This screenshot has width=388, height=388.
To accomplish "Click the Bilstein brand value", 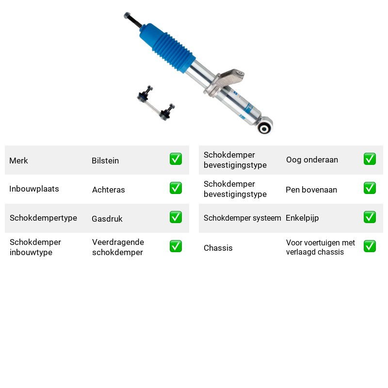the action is tap(105, 161).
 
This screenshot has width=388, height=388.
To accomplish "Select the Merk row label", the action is tap(18, 161).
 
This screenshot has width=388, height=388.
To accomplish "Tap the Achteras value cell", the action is tap(108, 190).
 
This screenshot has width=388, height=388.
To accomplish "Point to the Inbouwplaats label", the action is tap(34, 189).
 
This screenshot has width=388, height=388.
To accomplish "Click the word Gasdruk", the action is tap(107, 219).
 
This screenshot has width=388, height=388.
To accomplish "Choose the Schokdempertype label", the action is tap(43, 218).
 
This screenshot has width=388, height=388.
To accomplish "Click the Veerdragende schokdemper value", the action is tap(118, 247).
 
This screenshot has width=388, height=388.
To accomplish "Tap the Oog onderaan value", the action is tap(312, 160).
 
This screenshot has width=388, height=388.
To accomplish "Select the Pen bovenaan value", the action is tap(311, 190).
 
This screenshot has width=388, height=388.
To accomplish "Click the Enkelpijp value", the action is tap(302, 218).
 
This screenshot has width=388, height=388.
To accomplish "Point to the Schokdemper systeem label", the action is tap(242, 218).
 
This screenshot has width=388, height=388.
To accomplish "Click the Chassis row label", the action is tap(218, 248).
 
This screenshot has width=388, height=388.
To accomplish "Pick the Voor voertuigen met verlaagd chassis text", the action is tap(321, 247).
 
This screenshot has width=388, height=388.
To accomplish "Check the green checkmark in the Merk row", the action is tap(176, 159).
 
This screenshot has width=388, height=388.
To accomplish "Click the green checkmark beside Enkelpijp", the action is tap(370, 217).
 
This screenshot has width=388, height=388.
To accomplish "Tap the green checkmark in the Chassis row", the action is tap(370, 246).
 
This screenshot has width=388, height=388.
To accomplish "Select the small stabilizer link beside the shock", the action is tap(156, 103).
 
